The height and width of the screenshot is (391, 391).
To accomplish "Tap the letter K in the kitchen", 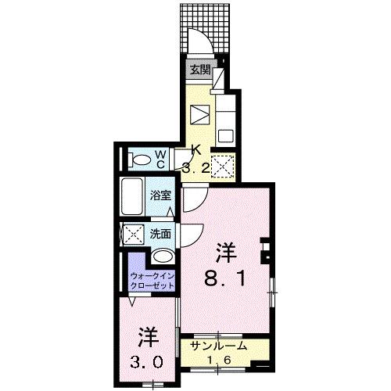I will (x=196, y=151).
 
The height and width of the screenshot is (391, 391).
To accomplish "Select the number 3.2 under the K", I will (x=196, y=166).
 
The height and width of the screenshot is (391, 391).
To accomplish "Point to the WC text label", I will (x=159, y=159).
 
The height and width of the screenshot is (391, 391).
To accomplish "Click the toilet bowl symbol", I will (x=142, y=160).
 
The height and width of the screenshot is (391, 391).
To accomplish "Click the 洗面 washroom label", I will (x=162, y=233).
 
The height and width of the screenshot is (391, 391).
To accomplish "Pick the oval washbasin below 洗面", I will (x=163, y=256).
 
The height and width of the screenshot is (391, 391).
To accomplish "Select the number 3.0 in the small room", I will (x=149, y=362).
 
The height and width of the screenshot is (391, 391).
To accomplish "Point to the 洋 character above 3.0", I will (x=149, y=338).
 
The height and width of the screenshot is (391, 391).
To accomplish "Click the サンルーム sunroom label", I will (x=221, y=346).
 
